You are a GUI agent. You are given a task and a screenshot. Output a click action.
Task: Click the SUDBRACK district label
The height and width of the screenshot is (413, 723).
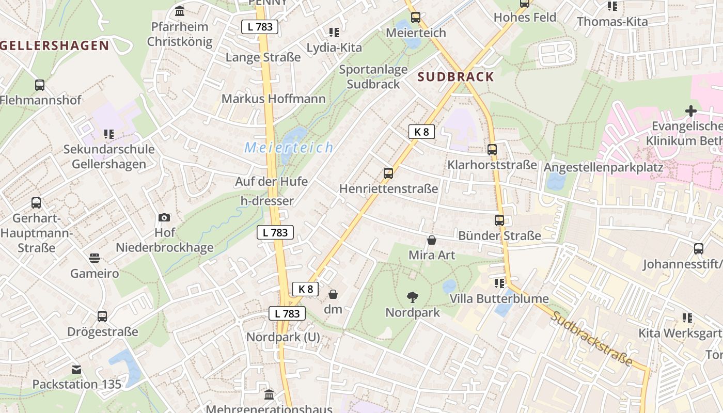click(x=455, y=77)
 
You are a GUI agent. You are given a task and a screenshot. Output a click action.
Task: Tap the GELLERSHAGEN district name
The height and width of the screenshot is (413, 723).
click(x=54, y=45)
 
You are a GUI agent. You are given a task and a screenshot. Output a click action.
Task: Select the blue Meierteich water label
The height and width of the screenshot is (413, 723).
click(x=289, y=148)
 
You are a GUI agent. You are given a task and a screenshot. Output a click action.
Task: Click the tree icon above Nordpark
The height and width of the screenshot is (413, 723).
click(x=412, y=297)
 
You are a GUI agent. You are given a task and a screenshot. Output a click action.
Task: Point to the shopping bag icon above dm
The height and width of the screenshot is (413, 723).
click(x=333, y=294)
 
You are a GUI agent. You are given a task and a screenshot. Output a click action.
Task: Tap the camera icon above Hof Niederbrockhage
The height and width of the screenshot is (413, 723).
click(x=164, y=217)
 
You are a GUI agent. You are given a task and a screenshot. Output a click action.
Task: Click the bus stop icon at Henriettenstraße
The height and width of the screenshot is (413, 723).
click(x=388, y=173)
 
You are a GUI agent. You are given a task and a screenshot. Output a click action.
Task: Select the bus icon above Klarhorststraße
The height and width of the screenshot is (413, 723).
click(x=492, y=150)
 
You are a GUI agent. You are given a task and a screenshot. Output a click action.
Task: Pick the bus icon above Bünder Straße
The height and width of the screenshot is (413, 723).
click(x=499, y=220)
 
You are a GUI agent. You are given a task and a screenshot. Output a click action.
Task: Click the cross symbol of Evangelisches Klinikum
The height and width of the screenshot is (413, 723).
click(x=690, y=110)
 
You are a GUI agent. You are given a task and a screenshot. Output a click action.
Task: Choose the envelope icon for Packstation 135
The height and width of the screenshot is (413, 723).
click(x=76, y=369)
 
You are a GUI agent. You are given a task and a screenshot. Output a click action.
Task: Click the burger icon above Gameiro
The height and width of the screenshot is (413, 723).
click(x=95, y=258)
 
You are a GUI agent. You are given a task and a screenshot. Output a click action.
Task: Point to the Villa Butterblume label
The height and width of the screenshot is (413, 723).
click(x=499, y=299)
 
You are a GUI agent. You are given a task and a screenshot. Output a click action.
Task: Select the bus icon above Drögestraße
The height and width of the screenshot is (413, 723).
click(x=102, y=316)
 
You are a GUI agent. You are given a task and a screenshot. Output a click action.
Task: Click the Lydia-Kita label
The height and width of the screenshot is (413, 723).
click(x=334, y=47)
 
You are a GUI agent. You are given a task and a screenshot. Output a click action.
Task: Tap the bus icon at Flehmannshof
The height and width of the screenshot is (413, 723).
click(x=40, y=85)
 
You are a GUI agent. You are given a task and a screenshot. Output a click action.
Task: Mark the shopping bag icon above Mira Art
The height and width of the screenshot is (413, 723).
click(x=431, y=240)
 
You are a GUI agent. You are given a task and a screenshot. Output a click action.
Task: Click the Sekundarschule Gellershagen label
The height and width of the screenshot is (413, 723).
click(x=108, y=156)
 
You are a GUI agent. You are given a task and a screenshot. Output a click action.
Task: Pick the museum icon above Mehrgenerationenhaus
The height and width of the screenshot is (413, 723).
click(x=269, y=395)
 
